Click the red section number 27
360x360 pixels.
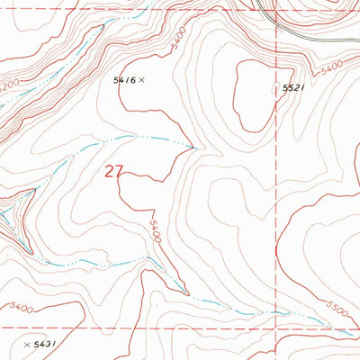[x=113, y=171]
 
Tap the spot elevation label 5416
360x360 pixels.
[x=123, y=80]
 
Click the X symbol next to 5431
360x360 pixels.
[x=25, y=345]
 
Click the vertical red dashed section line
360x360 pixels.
[x=275, y=180]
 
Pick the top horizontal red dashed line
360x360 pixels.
[x=135, y=9]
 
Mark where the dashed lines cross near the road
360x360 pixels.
[x=275, y=9]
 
